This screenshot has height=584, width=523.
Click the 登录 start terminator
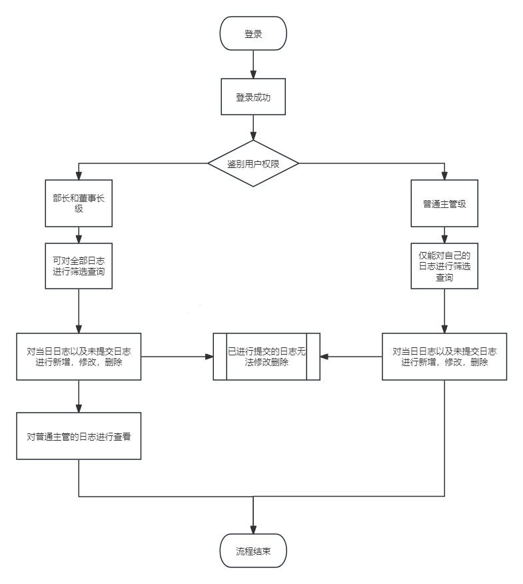coord(253,33)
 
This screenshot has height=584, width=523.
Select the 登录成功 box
coord(253,97)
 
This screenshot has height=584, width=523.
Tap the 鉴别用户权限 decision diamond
coord(253,163)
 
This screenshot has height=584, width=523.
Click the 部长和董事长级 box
coord(79,203)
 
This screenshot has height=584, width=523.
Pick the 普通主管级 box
coord(444,204)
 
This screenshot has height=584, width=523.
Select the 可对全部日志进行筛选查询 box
coord(79,266)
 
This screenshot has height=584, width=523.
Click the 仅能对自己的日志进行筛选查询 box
coord(444,266)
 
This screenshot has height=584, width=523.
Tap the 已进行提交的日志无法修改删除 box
coord(266,357)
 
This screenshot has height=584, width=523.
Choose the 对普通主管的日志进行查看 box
coord(79,436)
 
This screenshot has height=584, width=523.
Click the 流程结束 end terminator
coord(253,552)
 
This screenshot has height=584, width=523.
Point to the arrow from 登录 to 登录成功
coord(253,65)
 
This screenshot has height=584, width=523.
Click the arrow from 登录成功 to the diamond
coord(253,127)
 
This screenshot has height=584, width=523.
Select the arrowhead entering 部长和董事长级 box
coord(79,176)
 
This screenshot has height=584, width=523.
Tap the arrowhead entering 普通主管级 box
coord(444,176)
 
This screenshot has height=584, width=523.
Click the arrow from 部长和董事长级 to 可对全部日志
coord(79,235)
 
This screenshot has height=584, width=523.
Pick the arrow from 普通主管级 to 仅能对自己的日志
coord(444,235)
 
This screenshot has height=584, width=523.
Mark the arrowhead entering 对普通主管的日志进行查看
coord(79,409)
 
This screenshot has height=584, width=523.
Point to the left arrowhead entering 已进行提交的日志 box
coord(209,357)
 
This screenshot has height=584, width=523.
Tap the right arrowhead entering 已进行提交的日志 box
coord(324,357)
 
